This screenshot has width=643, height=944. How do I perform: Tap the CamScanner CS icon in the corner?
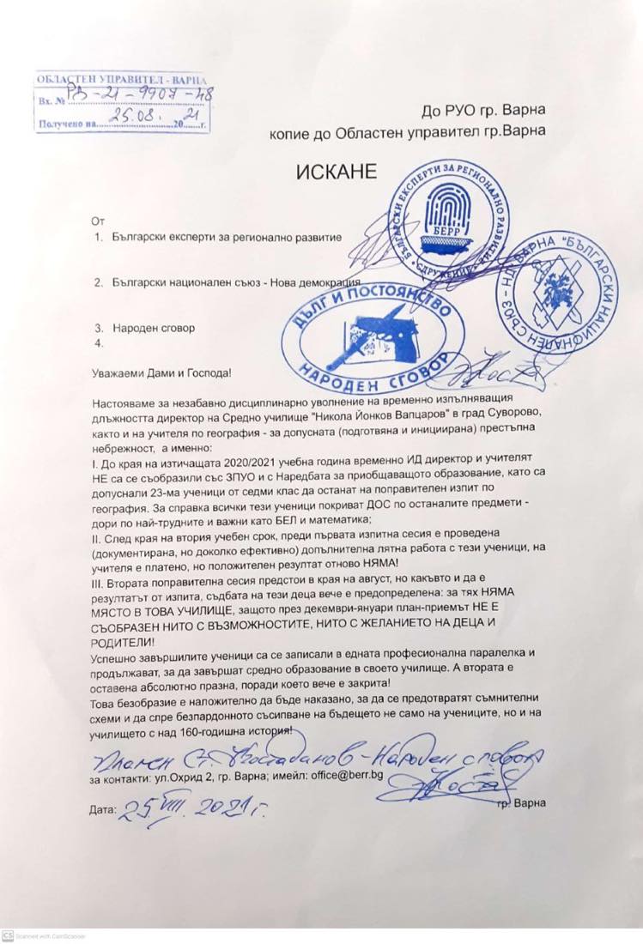click(7, 935)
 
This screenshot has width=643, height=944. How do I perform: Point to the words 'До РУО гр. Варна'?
click(483, 110)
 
